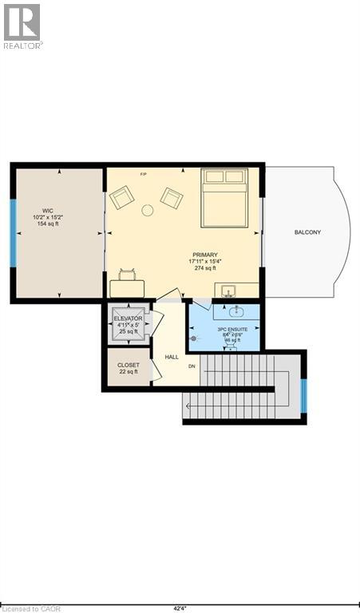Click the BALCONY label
click(307, 232)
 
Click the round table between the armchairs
click(147, 211)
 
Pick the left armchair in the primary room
click(122, 197)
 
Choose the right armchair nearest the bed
click(172, 196)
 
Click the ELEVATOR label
click(128, 318)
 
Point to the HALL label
click(172, 357)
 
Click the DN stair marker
click(192, 366)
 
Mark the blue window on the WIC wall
click(13, 232)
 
